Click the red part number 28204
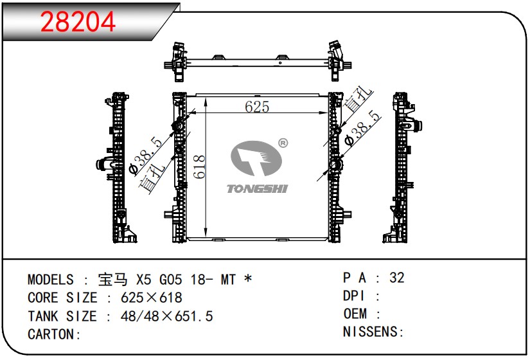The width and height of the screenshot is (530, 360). click(78, 22)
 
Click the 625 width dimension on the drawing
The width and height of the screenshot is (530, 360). click(257, 107)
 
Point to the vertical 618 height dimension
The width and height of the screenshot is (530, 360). click(199, 166)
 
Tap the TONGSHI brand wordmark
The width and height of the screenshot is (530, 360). click(257, 188)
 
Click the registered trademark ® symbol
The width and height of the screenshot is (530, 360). click(283, 143)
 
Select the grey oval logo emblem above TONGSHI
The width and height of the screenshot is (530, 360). click(256, 159)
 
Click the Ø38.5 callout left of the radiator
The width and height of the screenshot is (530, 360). click(145, 156)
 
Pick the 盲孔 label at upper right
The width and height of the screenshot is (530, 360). click(358, 99)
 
